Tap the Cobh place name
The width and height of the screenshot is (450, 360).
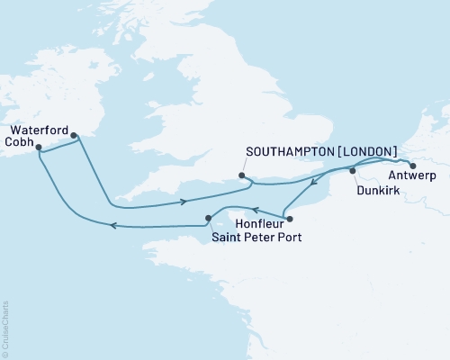point(20,141)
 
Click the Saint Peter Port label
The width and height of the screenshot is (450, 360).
point(256,238)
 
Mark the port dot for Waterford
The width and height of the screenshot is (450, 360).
point(73,137)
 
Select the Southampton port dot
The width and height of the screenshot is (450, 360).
point(241,175)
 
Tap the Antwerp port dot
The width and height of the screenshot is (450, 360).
point(413,166)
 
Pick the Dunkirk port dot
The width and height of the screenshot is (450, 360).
point(353,170)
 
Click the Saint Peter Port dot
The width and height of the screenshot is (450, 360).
point(208,217)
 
